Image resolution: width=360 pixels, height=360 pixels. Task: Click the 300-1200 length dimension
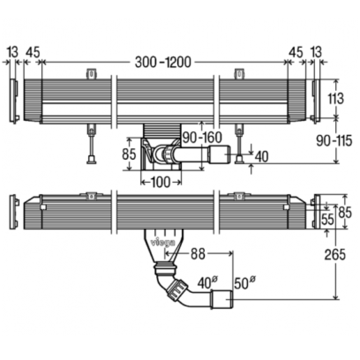163,62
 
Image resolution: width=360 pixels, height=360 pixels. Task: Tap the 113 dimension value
335,99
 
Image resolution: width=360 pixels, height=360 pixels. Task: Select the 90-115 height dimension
334,140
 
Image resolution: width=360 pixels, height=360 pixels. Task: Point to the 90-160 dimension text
202,137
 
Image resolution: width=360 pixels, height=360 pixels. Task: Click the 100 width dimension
161,182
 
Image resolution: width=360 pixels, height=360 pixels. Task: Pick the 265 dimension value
335,254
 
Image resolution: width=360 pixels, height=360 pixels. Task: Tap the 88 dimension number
198,254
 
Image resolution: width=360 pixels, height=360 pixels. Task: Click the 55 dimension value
328,219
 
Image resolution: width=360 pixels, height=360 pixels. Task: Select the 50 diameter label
244,283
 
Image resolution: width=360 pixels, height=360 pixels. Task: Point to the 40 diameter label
208,283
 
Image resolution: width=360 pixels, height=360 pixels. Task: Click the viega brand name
163,243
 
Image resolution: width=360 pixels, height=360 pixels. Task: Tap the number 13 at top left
13,52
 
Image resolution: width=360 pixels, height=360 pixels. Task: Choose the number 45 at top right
296,52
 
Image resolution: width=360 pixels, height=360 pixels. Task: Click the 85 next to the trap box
129,154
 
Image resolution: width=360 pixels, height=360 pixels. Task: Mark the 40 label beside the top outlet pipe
261,157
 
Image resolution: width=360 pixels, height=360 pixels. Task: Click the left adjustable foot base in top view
91,160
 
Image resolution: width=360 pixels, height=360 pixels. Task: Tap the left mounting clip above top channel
91,74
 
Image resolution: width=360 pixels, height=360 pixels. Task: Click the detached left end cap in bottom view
14,212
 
